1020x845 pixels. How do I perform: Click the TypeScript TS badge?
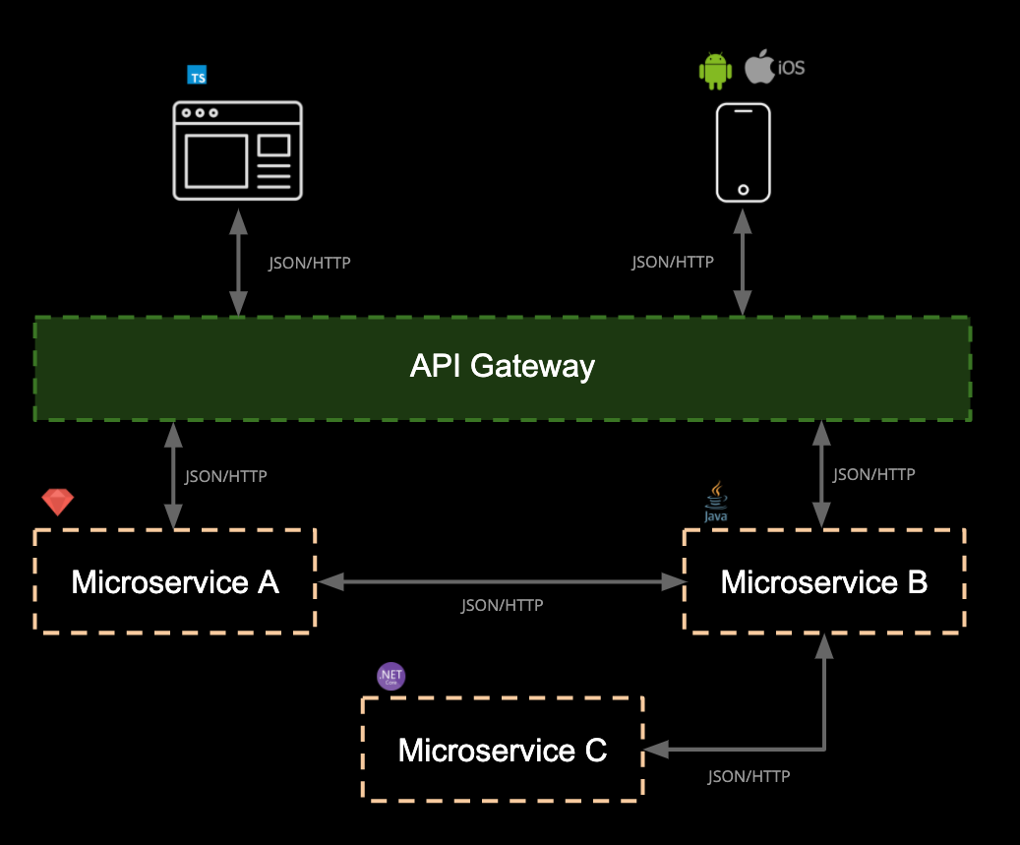click(x=198, y=75)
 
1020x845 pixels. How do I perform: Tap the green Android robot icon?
click(x=715, y=72)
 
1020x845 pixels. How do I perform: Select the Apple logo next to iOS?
click(x=758, y=68)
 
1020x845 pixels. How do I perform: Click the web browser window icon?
click(x=237, y=151)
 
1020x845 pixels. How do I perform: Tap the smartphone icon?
click(x=743, y=151)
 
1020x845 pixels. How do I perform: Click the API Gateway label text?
click(x=502, y=367)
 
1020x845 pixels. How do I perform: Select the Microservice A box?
click(x=175, y=581)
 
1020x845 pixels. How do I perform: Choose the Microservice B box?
click(x=824, y=581)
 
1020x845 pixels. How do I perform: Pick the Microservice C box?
click(x=503, y=751)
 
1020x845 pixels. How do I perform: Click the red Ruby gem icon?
click(x=58, y=502)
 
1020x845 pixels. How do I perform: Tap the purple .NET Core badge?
click(x=391, y=676)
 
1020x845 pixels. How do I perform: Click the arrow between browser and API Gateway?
click(x=237, y=262)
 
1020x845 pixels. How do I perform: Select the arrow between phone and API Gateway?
click(x=743, y=262)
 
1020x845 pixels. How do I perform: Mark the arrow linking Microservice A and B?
click(x=501, y=582)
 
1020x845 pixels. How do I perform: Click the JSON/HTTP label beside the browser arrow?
click(x=310, y=264)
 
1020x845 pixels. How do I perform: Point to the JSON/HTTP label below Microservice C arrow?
click(x=749, y=776)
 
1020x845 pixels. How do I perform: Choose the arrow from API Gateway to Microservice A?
click(x=174, y=476)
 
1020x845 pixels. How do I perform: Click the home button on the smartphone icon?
click(x=743, y=189)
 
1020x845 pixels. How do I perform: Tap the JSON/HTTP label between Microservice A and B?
click(x=502, y=605)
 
